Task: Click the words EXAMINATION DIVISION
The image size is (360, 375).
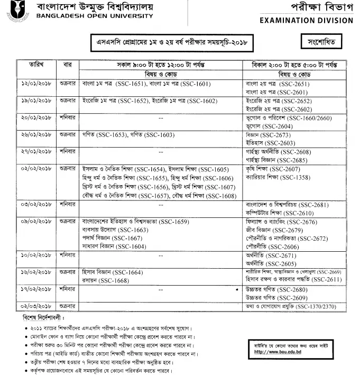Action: coord(307,21)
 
